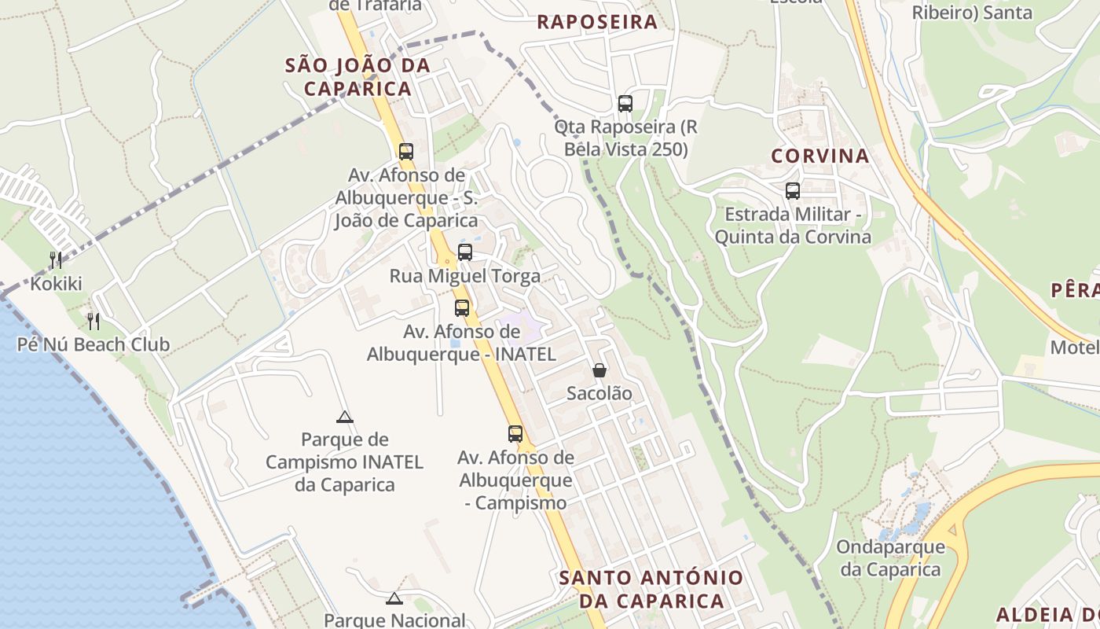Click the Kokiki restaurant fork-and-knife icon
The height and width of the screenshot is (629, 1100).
[55, 260]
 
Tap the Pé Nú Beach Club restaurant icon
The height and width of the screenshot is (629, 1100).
[93, 321]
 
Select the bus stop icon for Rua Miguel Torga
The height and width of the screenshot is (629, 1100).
[465, 252]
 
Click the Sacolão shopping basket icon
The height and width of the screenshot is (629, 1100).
[599, 370]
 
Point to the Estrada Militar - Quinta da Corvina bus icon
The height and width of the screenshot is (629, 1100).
[793, 191]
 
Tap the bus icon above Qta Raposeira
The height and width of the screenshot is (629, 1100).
[625, 103]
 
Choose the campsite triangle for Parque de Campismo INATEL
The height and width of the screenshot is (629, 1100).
[344, 417]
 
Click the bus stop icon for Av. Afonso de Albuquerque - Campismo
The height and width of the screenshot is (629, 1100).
[515, 433]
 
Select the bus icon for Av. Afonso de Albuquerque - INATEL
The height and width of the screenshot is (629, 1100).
[462, 307]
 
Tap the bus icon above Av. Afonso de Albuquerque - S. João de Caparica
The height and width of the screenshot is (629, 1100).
[406, 152]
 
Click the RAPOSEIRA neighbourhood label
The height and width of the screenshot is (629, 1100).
[597, 22]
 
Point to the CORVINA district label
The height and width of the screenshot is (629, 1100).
[819, 156]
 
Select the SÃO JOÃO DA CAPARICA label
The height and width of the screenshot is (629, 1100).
[358, 76]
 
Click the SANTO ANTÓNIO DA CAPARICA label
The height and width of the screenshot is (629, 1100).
[651, 589]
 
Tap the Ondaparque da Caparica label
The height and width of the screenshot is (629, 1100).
[890, 557]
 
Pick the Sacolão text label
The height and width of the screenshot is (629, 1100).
[599, 393]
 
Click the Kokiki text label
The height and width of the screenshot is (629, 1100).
[56, 284]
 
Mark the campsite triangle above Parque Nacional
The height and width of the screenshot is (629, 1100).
[394, 599]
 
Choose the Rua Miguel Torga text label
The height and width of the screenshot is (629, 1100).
[465, 276]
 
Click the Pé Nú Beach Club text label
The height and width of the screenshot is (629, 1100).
[93, 344]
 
